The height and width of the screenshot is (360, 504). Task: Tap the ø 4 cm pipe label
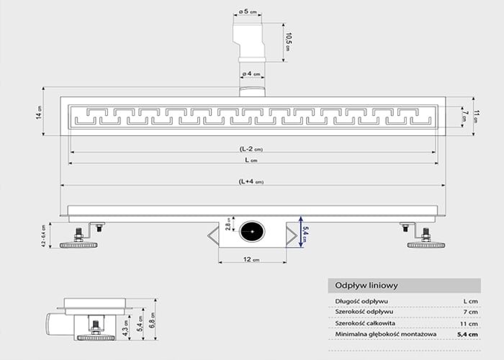coord(251,73)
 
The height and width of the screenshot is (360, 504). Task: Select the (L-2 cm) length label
coord(251,149)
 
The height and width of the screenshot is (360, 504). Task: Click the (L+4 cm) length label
coord(251,182)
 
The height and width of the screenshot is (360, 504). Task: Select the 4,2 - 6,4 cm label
coord(43,233)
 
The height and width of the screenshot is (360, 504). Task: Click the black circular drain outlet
coord(252,232)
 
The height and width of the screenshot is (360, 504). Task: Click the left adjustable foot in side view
coord(78,238)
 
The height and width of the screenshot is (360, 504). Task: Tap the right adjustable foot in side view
coord(425,238)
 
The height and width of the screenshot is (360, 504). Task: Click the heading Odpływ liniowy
coord(363,286)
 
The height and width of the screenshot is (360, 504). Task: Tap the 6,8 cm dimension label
coord(151,318)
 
